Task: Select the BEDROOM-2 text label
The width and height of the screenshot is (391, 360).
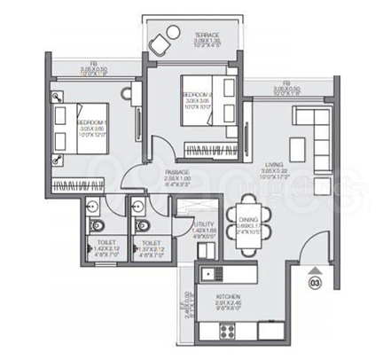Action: (196, 92)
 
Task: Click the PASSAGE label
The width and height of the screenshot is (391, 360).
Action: (176, 172)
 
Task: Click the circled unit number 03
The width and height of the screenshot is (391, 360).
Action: (313, 284)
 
